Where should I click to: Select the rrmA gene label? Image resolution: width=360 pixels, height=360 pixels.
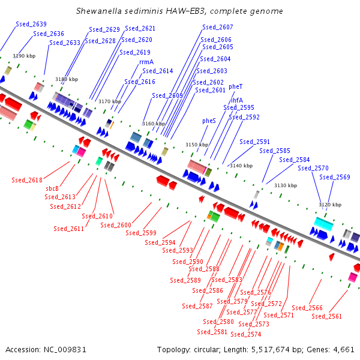pyautogui.click(x=146, y=62)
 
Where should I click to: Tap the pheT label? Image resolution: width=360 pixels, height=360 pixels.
pyautogui.click(x=236, y=86)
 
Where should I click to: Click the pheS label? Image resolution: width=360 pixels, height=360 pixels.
pyautogui.click(x=209, y=121)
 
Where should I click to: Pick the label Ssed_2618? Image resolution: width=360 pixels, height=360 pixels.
pyautogui.click(x=27, y=180)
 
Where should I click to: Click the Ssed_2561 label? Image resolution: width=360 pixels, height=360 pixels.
pyautogui.click(x=327, y=316)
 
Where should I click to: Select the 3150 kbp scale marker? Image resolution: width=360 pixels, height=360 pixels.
pyautogui.click(x=197, y=145)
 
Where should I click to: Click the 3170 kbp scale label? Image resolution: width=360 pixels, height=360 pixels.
pyautogui.click(x=110, y=101)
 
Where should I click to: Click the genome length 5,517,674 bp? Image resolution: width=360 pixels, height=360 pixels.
pyautogui.click(x=274, y=349)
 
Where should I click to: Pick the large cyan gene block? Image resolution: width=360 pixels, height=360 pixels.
pyautogui.click(x=323, y=224)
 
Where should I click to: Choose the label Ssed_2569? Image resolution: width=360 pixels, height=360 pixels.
pyautogui.click(x=335, y=177)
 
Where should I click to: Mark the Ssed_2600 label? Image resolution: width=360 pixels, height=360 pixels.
pyautogui.click(x=116, y=225)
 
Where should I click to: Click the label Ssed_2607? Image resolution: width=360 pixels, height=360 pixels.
pyautogui.click(x=218, y=28)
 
